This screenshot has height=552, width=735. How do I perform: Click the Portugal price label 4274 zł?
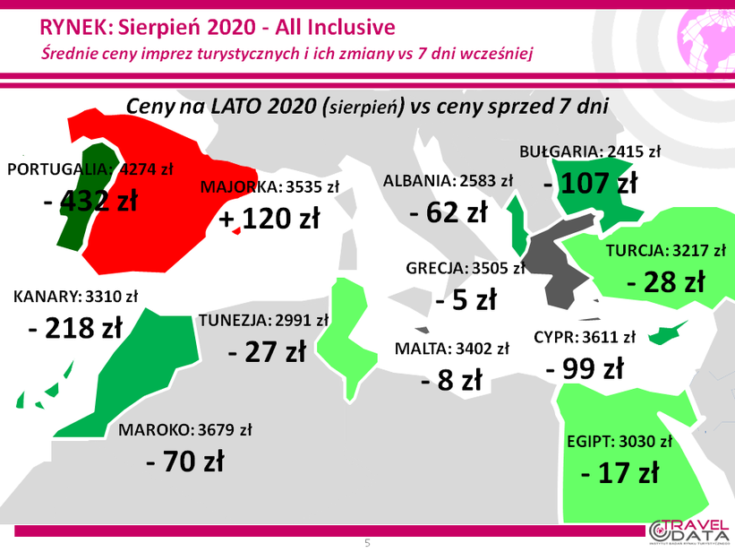[146, 169]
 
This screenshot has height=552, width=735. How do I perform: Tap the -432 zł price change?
[90, 201]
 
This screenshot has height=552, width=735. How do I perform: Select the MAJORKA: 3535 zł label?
[269, 186]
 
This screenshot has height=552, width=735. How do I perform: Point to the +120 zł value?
[269, 219]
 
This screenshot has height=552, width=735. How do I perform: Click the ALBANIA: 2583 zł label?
[449, 181]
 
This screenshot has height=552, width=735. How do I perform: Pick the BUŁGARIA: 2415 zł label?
[590, 151]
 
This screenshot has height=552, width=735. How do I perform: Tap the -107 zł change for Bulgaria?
[591, 183]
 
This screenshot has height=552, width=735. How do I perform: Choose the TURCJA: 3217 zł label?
[666, 251]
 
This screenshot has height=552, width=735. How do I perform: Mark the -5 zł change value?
[466, 299]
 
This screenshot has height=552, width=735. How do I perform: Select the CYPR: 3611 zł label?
[585, 337]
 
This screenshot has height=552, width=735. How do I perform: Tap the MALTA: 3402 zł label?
[452, 349]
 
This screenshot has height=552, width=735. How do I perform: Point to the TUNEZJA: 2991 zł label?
[263, 321]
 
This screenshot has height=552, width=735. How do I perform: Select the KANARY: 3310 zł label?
[75, 297]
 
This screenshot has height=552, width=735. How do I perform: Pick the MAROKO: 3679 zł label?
[184, 430]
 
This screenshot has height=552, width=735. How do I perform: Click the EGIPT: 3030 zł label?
[620, 442]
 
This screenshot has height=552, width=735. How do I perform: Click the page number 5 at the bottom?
[367, 543]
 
